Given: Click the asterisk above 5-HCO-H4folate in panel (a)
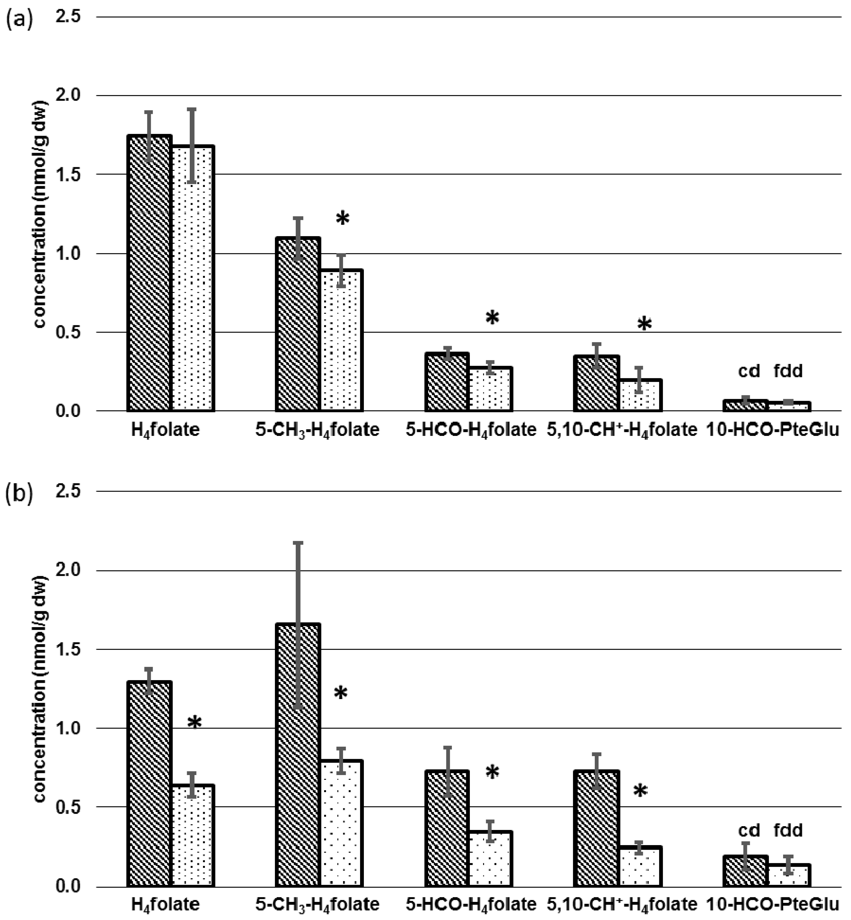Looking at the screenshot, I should [x=492, y=318].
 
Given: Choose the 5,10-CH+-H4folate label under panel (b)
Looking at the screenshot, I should [x=622, y=904].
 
